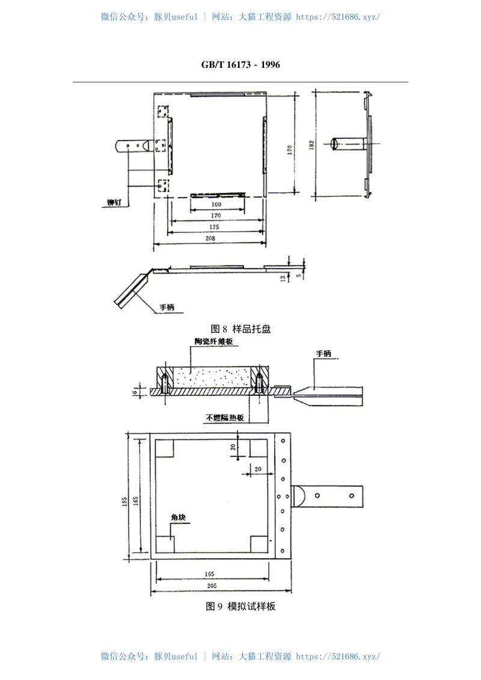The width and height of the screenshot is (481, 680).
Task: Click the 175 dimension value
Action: tap(215, 226)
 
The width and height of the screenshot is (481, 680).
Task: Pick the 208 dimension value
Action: tap(209, 238)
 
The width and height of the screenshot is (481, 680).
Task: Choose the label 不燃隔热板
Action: tap(224, 417)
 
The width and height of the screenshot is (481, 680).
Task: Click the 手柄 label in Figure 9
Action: tap(323, 354)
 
